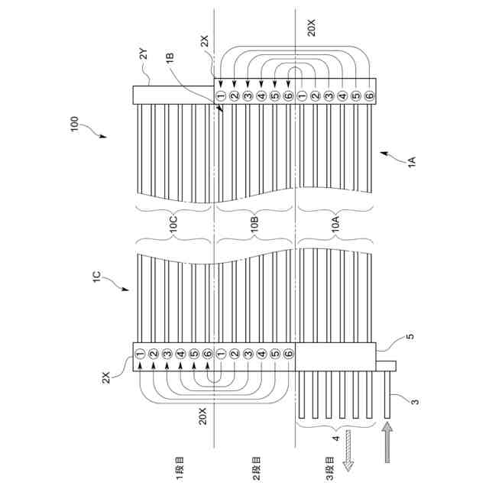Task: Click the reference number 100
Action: [x=74, y=124]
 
